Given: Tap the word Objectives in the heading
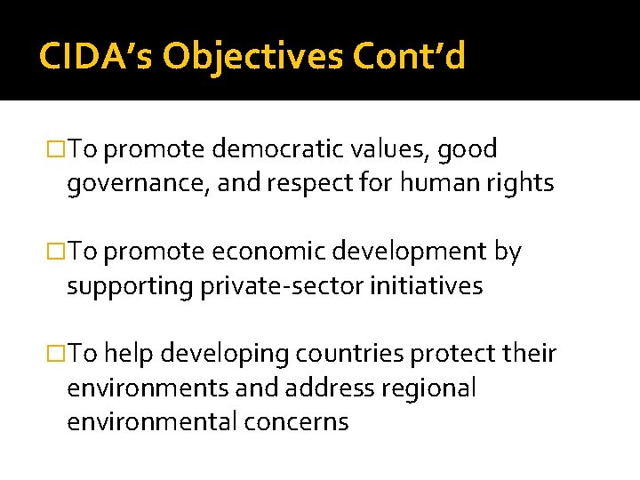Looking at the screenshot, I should click(x=253, y=57).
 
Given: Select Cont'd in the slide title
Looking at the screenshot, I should click(x=409, y=57).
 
